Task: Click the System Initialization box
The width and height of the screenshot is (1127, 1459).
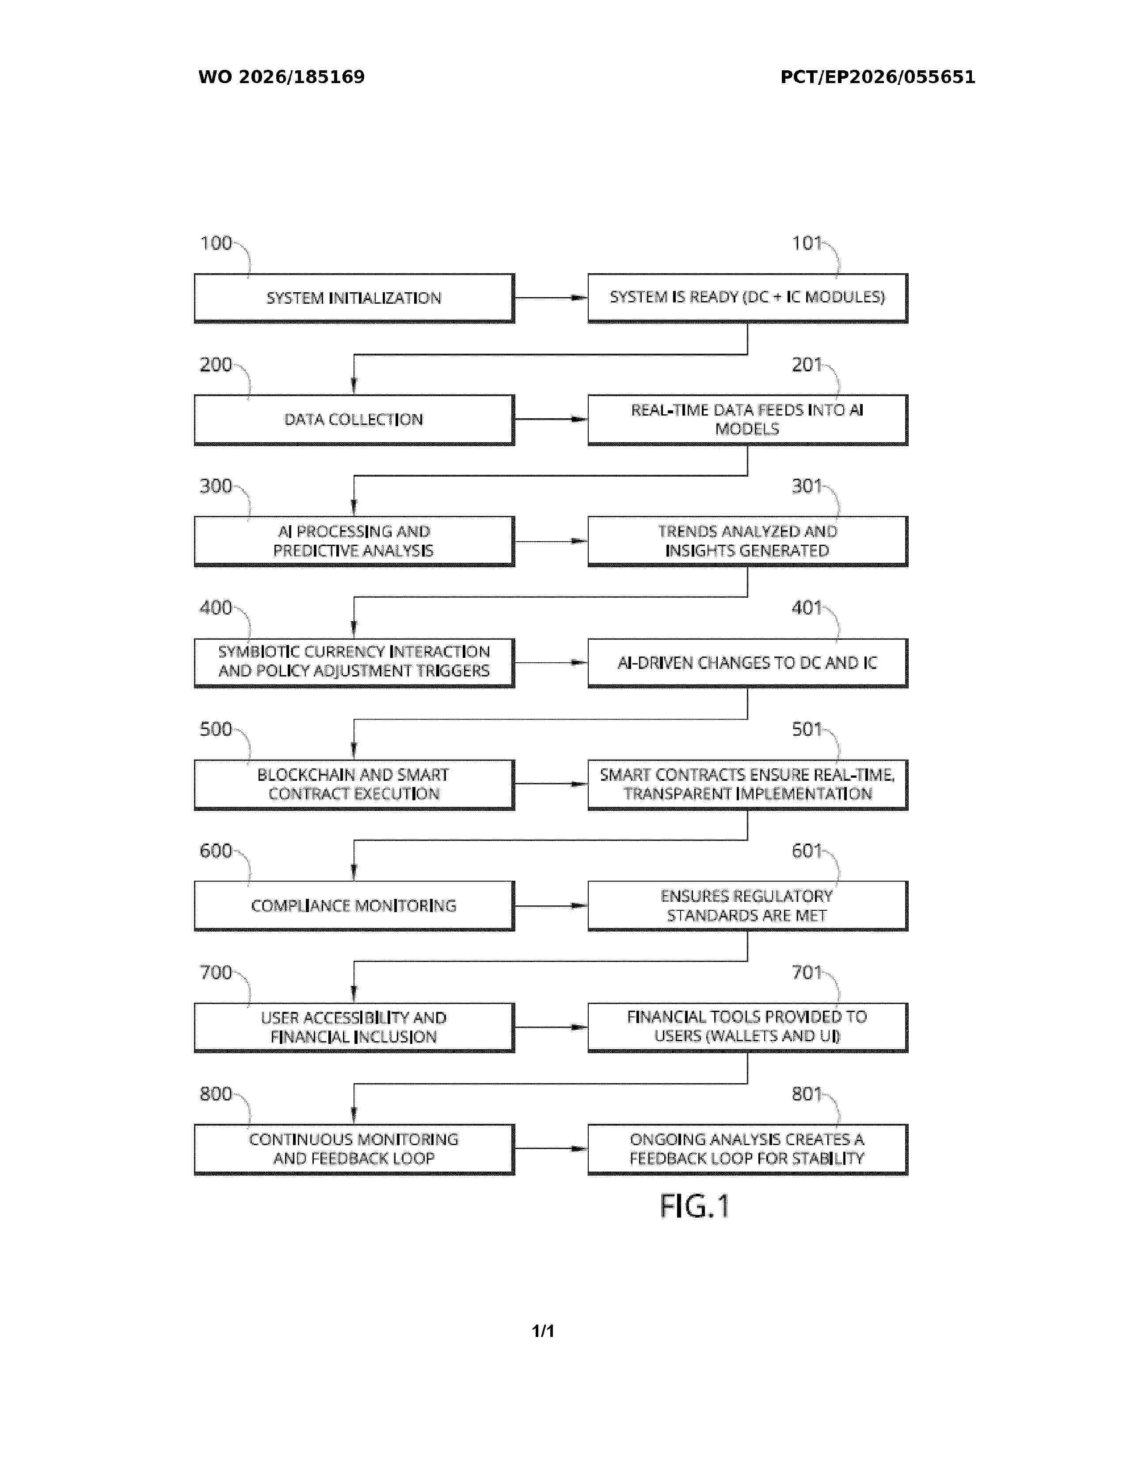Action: coord(354,298)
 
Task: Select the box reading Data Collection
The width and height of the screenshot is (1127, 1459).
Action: coord(354,420)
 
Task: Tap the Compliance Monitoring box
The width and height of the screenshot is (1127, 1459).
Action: coord(354,906)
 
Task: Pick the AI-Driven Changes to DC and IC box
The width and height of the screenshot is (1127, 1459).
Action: coord(748,663)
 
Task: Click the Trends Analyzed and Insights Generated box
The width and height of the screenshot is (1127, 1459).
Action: coord(748,541)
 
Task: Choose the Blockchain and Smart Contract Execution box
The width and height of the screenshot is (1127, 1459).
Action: coord(354,784)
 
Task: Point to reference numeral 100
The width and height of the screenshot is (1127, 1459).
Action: coord(216,243)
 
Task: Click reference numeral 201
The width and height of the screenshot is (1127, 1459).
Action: coord(807,365)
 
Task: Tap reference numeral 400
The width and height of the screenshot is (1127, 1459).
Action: coord(216,608)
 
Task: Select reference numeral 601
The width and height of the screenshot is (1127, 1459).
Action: coord(807,851)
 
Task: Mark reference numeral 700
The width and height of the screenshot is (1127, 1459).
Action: coord(216,973)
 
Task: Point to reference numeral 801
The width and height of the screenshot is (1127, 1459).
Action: coord(807,1094)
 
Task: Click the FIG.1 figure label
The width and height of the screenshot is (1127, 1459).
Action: coord(694,1207)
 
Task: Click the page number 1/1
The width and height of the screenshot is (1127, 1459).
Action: coord(543,1331)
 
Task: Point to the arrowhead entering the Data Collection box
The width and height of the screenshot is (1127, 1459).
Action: coord(354,386)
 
